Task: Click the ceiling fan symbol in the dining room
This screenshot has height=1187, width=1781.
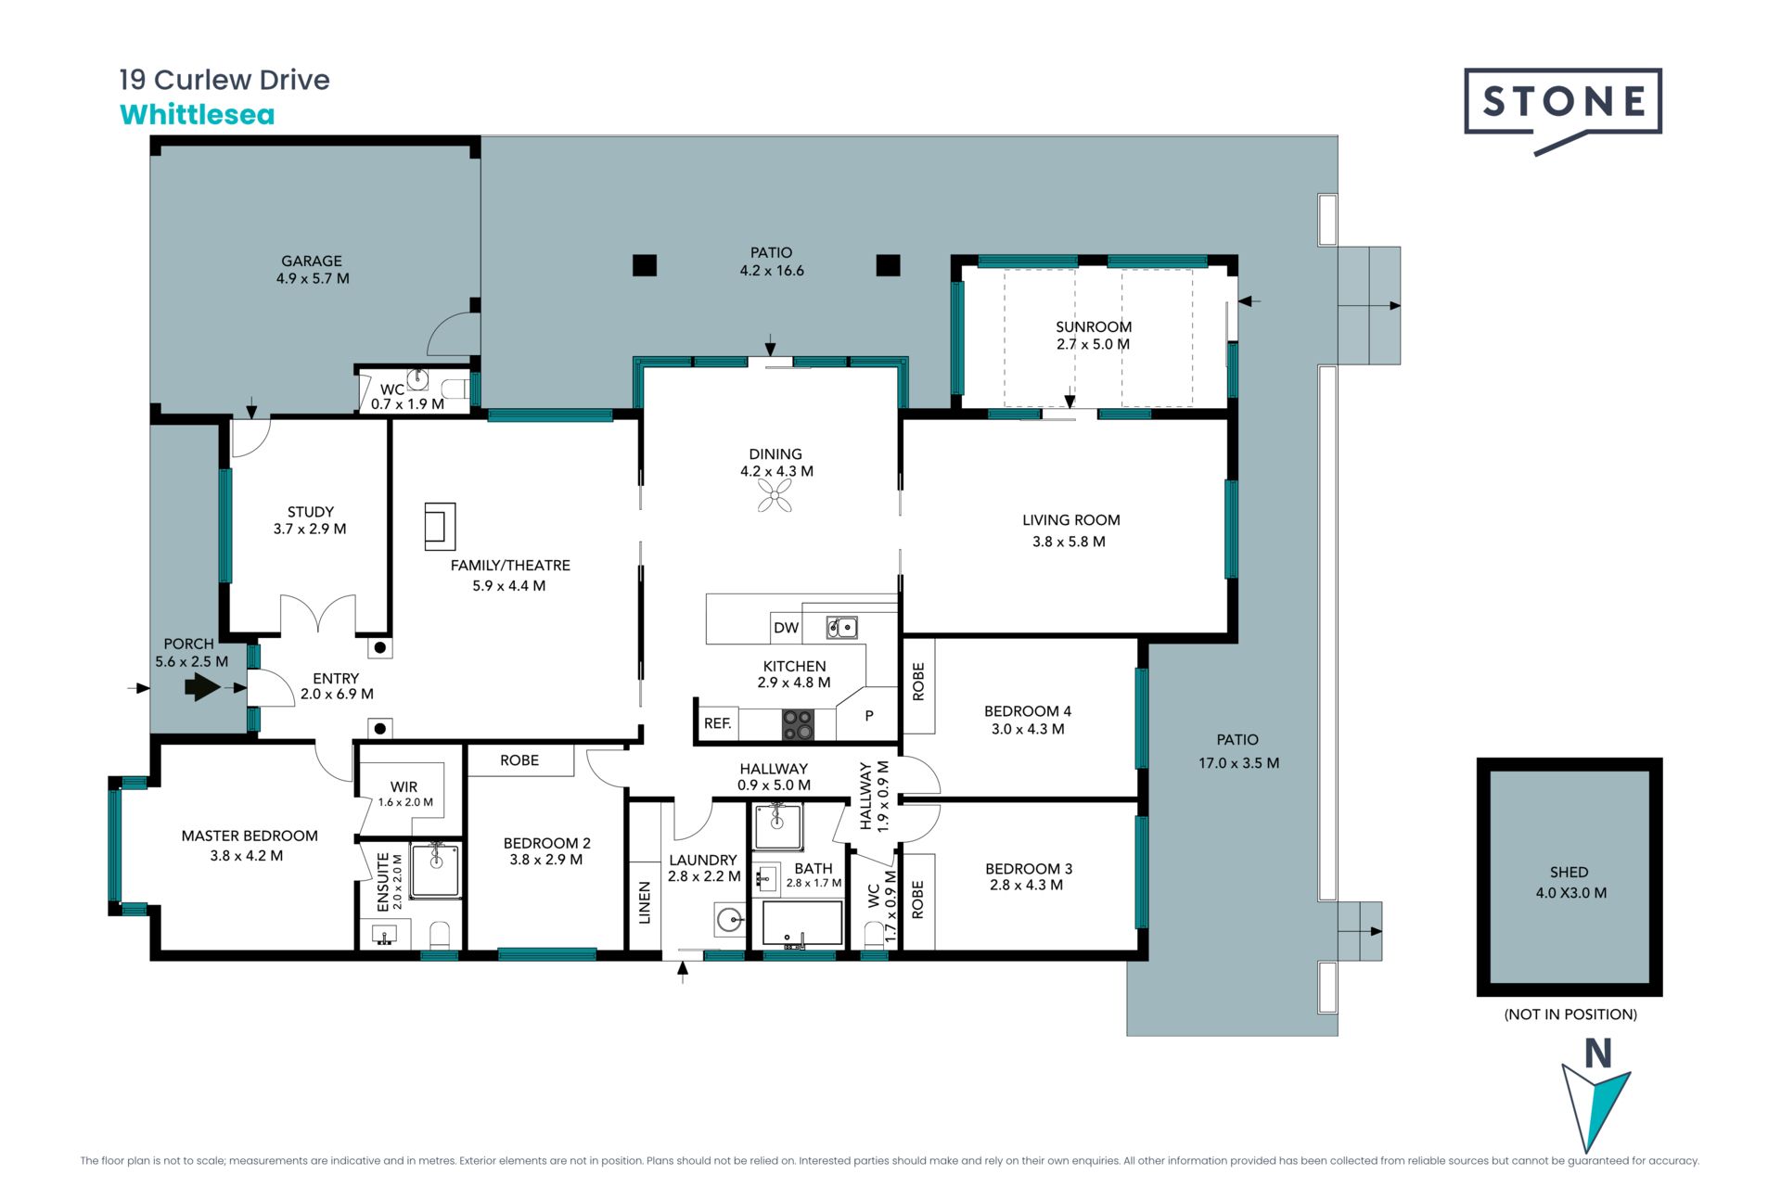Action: coord(775,496)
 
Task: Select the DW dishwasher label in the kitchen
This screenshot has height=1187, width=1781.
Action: coord(786,628)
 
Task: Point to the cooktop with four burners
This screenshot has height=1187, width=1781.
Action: coord(797,724)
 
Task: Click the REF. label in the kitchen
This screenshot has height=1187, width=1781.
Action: coord(717,723)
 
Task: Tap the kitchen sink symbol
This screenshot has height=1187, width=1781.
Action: coord(842,628)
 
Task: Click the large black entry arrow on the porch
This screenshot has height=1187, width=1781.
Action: coord(202,687)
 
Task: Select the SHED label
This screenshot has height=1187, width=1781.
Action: coord(1570,872)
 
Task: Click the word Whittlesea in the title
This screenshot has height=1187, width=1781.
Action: coord(198,115)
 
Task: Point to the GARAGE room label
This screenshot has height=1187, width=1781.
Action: coord(312,262)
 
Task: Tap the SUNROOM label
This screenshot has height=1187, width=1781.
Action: coord(1094,326)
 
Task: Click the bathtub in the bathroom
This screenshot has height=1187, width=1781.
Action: coord(802,924)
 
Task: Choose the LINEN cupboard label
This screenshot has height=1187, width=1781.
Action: coord(645,902)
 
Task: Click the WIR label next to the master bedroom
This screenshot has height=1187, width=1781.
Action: coord(404,786)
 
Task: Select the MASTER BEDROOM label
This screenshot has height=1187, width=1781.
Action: coord(250,836)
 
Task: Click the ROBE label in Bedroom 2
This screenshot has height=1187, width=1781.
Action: coord(519,760)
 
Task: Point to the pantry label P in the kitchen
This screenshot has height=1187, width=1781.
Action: coord(869,716)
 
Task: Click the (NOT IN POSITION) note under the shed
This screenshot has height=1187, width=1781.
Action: coord(1570,1015)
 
